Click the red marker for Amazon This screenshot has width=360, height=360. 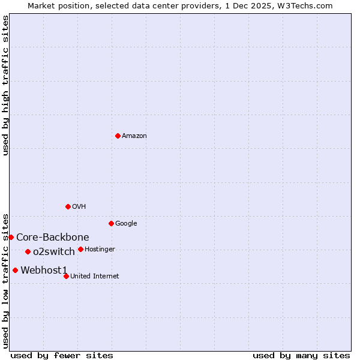[x=118, y=136]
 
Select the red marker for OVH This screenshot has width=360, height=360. [x=68, y=206]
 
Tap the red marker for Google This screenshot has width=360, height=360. [x=111, y=223]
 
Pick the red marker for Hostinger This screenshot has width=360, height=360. [x=80, y=249]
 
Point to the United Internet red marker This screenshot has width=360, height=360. [x=66, y=276]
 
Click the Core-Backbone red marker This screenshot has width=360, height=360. [x=11, y=237]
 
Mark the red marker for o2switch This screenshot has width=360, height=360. [x=28, y=251]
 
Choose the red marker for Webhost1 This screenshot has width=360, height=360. [x=15, y=270]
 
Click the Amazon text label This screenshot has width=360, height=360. [x=134, y=136]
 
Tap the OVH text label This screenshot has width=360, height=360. [x=79, y=207]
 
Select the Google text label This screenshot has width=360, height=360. [x=126, y=224]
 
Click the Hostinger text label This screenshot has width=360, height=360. [x=100, y=250]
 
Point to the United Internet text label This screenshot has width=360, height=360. [x=94, y=277]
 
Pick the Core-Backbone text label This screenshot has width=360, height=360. [x=53, y=238]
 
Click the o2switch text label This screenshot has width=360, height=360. [x=54, y=252]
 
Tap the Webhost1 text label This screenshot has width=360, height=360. [x=44, y=271]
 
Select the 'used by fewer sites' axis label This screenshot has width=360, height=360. [x=62, y=356]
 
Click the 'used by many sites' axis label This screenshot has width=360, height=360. [x=301, y=356]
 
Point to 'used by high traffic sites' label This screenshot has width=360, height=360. [x=5, y=85]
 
